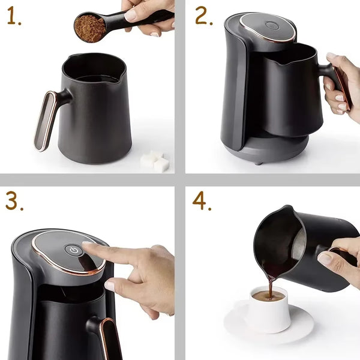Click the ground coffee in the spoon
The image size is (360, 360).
89,28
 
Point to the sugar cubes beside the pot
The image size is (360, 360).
155,161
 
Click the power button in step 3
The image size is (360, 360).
74,250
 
